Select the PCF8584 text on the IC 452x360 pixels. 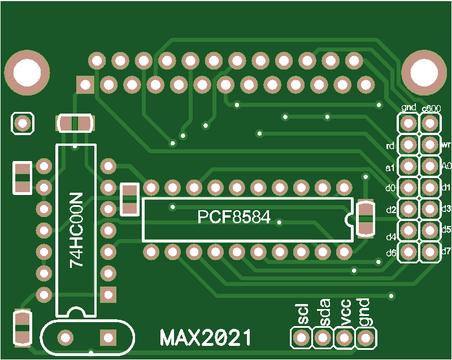coord(234,217)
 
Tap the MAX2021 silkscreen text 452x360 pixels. coord(206,338)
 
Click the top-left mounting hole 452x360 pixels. coord(26,72)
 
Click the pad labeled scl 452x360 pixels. coord(301,338)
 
